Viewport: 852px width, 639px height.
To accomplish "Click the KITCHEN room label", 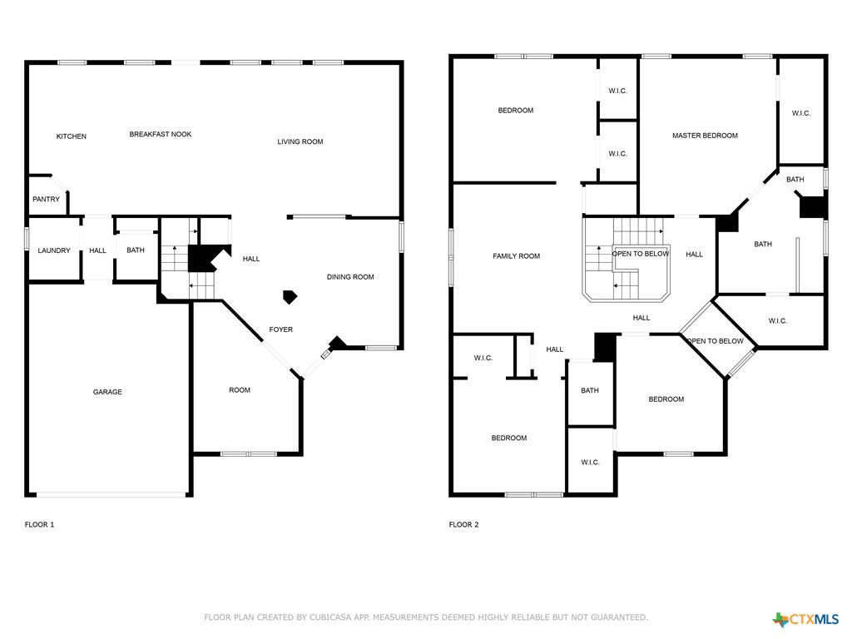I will point(71,136).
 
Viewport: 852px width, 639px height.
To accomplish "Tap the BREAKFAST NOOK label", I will point(161,134).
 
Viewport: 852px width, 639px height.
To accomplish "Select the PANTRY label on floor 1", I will point(46,200).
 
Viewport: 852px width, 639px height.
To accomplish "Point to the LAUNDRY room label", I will point(54,250).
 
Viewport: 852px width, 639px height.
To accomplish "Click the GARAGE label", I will point(107,392).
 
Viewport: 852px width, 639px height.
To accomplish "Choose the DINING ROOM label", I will point(350,277).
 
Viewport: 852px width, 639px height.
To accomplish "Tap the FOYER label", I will point(280,330).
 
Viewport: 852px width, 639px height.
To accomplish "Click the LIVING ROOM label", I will point(300,142).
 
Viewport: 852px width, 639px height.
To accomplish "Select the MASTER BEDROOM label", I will point(705,136).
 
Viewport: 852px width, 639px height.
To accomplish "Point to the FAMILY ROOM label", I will point(517,256).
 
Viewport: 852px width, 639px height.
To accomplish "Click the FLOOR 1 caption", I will point(39,525).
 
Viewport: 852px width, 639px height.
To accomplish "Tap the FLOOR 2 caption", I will point(463,525).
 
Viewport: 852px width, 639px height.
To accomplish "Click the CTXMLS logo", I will point(806,619).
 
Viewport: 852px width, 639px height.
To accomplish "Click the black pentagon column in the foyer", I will point(290,295).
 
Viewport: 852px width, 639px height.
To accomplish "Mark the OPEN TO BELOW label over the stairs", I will point(641,254).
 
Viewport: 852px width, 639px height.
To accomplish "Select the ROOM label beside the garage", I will point(240,390).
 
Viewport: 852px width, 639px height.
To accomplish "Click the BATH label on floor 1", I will point(136,250).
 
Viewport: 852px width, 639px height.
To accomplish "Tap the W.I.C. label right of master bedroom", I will point(800,114).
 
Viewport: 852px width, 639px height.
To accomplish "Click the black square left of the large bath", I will point(727,222).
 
